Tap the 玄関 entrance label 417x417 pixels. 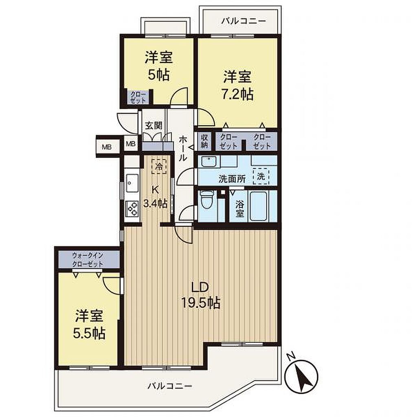coord(154,125)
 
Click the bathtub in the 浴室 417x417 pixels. coord(258,206)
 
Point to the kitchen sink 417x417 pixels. coord(132,183)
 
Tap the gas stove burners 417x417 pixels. coord(132,208)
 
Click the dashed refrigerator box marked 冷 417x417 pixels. coord(159,166)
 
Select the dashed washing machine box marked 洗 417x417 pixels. coord(261,176)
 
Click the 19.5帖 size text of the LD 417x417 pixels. coord(201,303)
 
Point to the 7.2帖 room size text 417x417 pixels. coord(237,94)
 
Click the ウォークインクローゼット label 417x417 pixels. coord(88,260)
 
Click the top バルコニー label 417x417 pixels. coord(244,21)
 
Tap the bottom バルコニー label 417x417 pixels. coord(170,386)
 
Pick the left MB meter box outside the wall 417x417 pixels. coord(107,147)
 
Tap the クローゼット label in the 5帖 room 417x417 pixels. coord(138,97)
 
